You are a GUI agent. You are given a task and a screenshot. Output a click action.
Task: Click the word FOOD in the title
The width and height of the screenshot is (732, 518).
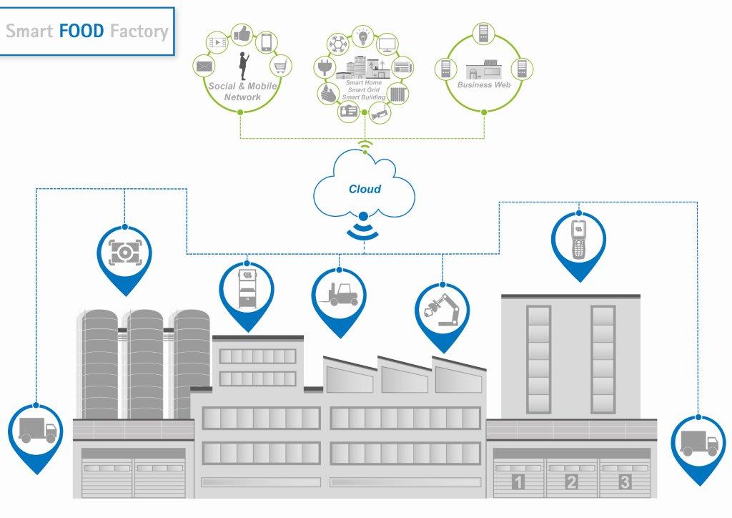81,31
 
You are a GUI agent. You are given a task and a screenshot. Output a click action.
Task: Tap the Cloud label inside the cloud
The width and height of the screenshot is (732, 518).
365,189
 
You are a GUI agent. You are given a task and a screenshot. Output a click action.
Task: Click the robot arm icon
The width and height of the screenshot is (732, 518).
442,310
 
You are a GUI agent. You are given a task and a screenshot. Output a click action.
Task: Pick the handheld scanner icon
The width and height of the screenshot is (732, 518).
578,239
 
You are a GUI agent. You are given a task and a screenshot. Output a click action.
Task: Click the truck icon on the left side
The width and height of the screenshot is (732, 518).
38,430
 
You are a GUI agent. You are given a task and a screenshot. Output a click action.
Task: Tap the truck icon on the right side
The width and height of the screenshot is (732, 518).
699,443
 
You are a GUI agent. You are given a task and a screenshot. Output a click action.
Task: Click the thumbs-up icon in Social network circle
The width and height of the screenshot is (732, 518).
242,35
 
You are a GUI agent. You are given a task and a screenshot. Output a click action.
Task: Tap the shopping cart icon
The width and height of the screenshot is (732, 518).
280,66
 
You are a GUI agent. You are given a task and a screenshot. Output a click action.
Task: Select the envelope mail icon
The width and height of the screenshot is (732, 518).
204,67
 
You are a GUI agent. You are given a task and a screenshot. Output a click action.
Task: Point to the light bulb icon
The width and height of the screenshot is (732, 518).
362,36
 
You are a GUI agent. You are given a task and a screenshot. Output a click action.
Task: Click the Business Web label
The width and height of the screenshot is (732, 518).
484,85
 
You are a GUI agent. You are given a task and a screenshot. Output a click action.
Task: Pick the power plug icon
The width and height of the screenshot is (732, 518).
324,67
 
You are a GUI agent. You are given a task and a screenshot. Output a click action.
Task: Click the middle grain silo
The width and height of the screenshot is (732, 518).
145,364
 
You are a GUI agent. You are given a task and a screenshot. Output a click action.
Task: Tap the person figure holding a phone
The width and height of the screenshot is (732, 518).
244,66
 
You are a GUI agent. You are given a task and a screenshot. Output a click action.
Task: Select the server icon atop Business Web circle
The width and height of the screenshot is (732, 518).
484,34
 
